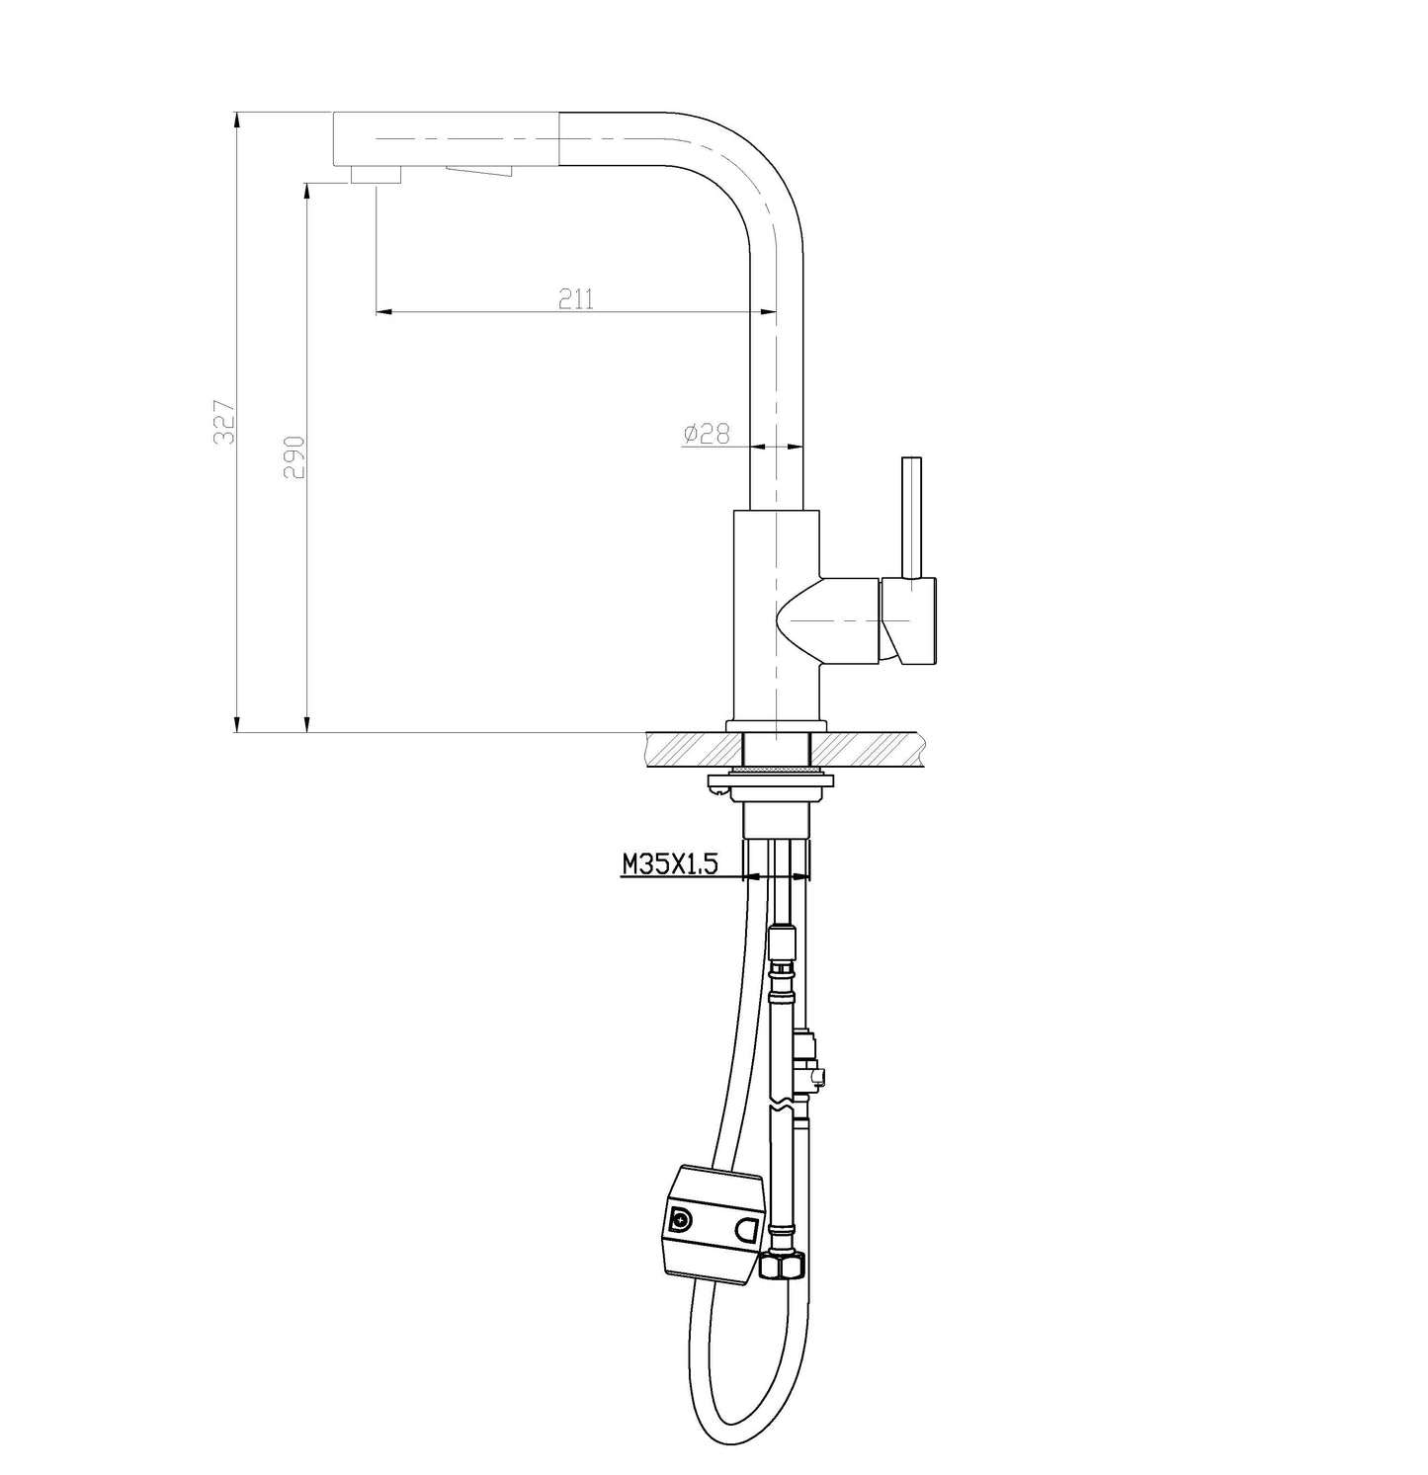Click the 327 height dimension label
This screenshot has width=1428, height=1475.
pyautogui.click(x=226, y=421)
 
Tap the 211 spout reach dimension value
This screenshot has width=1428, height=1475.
pyautogui.click(x=576, y=298)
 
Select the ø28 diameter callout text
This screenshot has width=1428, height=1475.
pyautogui.click(x=707, y=433)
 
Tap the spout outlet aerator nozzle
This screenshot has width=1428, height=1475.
pyautogui.click(x=376, y=175)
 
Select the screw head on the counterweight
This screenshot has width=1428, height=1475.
pyautogui.click(x=682, y=1221)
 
